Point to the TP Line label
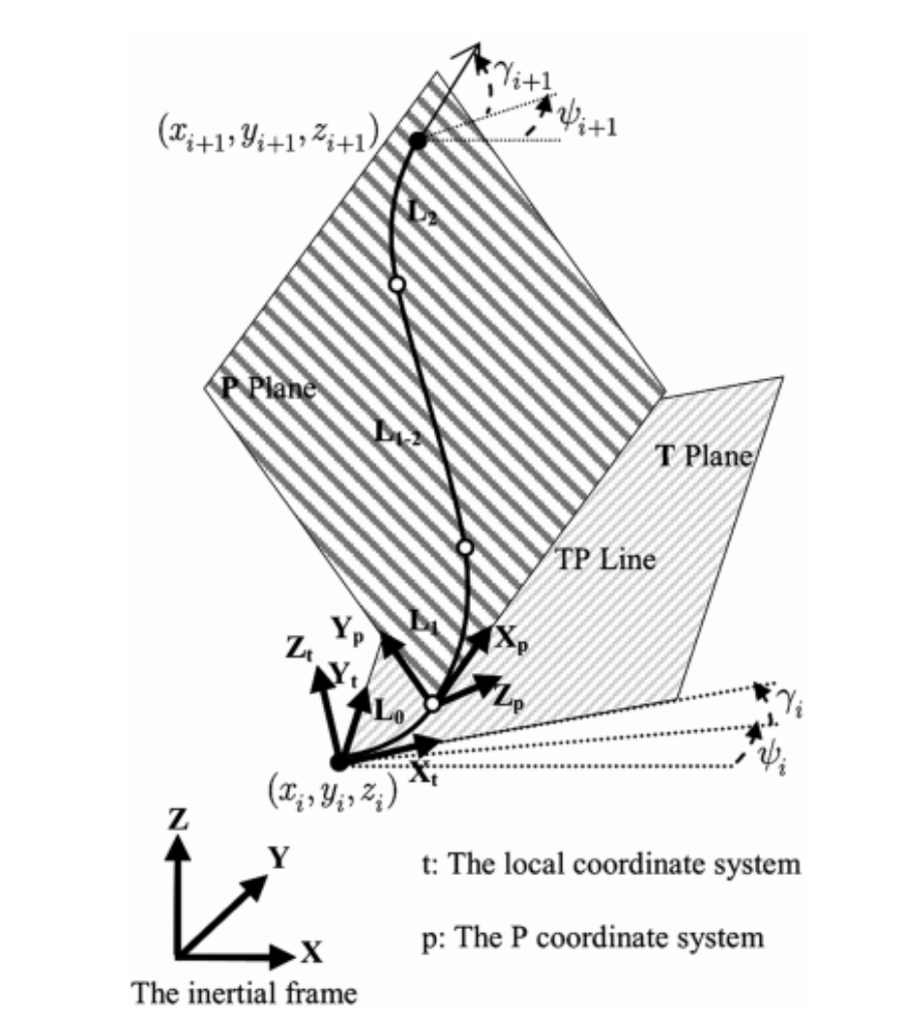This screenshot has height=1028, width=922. (x=607, y=560)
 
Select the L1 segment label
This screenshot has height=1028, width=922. (x=424, y=626)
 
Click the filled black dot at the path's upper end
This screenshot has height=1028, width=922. (x=417, y=141)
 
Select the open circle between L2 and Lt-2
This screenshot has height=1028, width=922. (x=395, y=284)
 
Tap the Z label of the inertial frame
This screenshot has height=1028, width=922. (x=176, y=819)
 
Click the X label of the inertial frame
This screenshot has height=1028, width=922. (x=311, y=953)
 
